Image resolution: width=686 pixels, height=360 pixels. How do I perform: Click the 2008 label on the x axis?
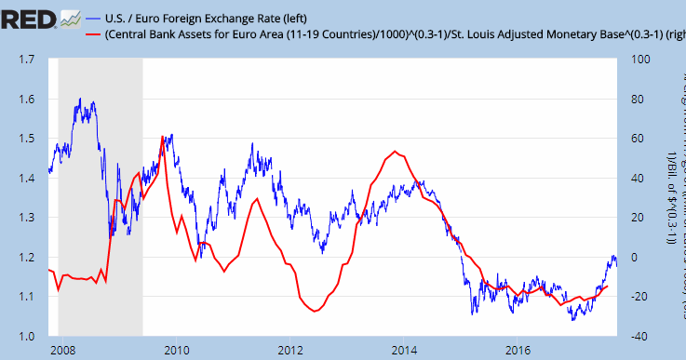pyautogui.click(x=63, y=351)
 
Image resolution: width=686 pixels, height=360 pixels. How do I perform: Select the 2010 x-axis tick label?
pyautogui.click(x=177, y=351)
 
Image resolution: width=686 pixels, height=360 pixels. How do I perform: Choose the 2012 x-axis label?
pyautogui.click(x=290, y=351)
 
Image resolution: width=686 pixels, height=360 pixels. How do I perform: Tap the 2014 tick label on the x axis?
pyautogui.click(x=404, y=351)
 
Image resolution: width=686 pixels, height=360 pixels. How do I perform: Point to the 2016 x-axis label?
pyautogui.click(x=518, y=351)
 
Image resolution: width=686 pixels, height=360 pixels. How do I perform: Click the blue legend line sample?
pyautogui.click(x=95, y=19)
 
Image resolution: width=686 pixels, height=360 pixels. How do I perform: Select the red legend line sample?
pyautogui.click(x=95, y=35)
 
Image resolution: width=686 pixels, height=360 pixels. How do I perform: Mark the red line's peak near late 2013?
pyautogui.click(x=397, y=151)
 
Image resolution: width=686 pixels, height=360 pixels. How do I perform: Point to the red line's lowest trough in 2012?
pyautogui.click(x=314, y=311)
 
